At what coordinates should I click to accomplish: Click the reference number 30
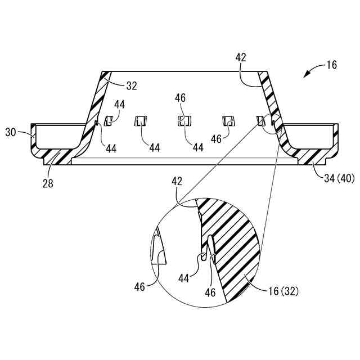(x=11, y=132)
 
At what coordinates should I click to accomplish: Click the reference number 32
(x=131, y=85)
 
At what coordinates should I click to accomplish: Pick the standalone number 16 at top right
(x=331, y=65)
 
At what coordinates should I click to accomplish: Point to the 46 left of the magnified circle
(x=139, y=286)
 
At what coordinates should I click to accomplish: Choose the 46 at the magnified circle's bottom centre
(x=210, y=292)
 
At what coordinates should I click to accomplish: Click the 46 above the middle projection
(x=181, y=98)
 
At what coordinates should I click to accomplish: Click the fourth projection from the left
(x=229, y=120)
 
